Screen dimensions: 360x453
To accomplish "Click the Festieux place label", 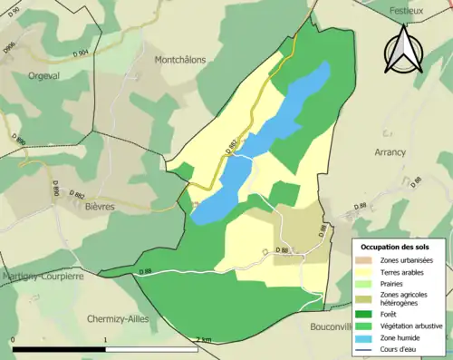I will pos(407,11).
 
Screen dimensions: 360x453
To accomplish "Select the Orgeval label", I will pos(43,76).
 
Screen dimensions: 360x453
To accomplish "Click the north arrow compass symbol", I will pos(402,50).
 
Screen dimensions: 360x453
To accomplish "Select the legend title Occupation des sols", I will pos(395,247).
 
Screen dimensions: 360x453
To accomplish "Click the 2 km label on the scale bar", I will pos(204,339).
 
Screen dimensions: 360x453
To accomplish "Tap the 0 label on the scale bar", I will pos(13,339).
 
